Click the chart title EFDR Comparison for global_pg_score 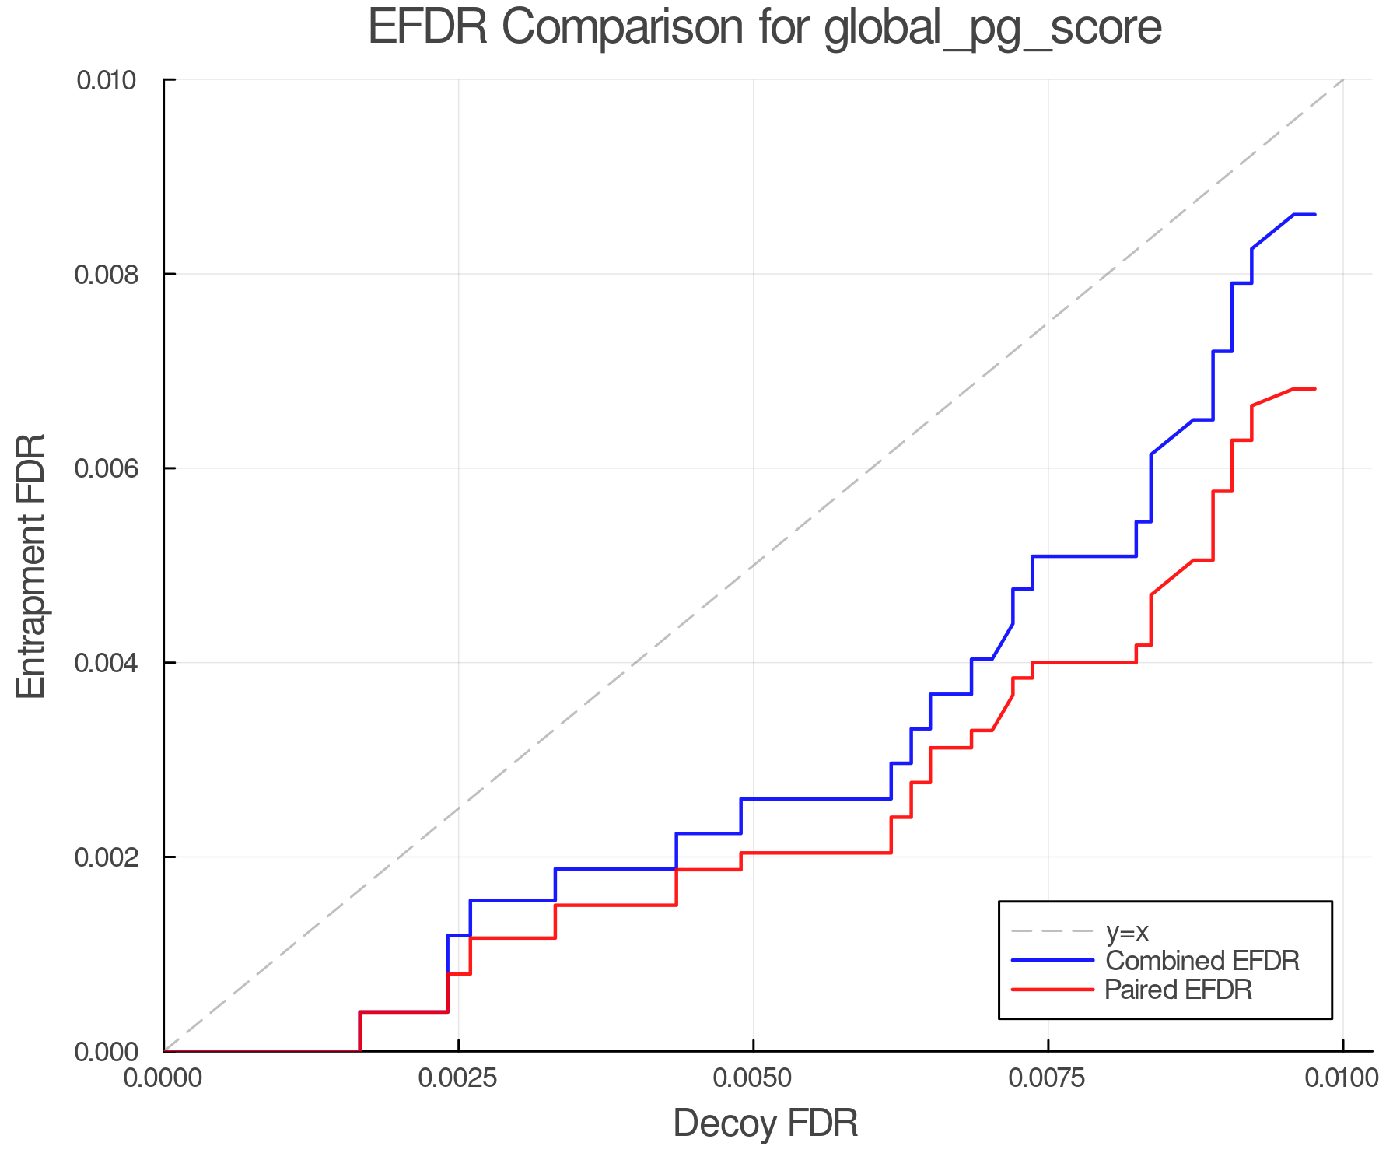point(765,28)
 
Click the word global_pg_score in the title point(992,28)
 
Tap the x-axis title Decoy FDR point(765,1123)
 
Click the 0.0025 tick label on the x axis point(458,1078)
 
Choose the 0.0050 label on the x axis point(753,1078)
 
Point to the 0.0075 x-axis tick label point(1048,1078)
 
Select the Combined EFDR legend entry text point(1202,961)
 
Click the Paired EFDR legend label point(1178,990)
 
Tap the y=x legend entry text point(1127,931)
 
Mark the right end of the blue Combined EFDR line point(1314,214)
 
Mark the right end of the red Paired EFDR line point(1314,388)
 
